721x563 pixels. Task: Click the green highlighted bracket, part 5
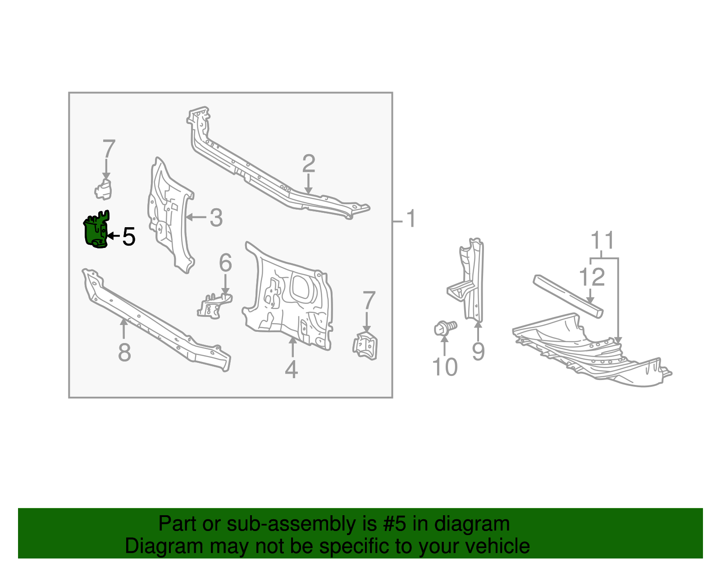coord(96,231)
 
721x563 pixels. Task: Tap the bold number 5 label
coord(129,237)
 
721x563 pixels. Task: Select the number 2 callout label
coord(309,164)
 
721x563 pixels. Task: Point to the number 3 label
coord(216,218)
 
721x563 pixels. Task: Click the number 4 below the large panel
coord(292,370)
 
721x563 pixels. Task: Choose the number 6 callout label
coord(225,263)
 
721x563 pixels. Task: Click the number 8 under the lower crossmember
coord(124,352)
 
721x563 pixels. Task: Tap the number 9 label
coord(478,352)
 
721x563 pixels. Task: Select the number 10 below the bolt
coord(445,367)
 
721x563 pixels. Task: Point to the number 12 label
coord(592,277)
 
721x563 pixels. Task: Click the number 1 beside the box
coord(411,219)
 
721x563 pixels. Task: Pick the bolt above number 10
coord(443,327)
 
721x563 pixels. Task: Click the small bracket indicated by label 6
coord(214,306)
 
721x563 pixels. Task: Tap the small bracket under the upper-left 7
coord(103,190)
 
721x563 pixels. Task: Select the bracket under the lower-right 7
coord(365,346)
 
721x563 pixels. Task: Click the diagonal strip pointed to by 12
coord(568,296)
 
